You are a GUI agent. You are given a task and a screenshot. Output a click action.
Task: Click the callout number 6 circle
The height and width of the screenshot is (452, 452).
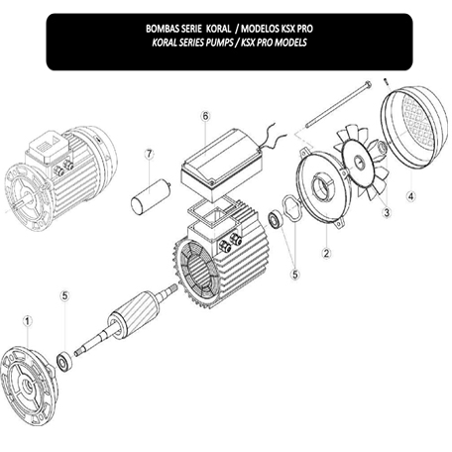point(205,116)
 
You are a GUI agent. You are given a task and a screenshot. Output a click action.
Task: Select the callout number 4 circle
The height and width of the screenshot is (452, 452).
point(409,195)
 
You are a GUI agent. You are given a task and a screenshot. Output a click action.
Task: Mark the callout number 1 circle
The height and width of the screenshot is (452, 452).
point(28,320)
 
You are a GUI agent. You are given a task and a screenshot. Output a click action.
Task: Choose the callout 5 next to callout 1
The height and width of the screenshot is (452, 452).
point(64,294)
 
